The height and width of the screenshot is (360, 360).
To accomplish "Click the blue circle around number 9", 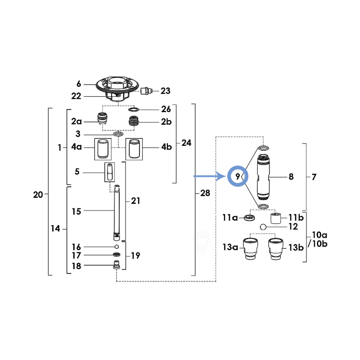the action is pos(238,167).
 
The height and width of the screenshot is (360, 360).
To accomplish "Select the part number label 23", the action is pos(165,91).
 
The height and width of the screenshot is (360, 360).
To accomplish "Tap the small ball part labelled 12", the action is pos(263,227).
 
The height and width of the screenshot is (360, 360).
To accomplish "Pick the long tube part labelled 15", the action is pos(117,212).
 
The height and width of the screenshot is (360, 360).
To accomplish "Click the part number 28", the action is pos(205,193).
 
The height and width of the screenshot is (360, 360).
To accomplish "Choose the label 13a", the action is pos(230,247).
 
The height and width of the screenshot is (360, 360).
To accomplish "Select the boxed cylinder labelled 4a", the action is pos(103,149).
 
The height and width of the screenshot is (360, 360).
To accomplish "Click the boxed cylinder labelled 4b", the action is pos(134,149).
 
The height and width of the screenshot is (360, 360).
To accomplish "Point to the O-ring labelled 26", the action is pos(133,109).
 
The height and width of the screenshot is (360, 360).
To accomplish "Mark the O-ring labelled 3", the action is pos(118,134).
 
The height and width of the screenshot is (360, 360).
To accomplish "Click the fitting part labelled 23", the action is pos(147,90).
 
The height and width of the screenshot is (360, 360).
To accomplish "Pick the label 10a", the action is pos(319,235).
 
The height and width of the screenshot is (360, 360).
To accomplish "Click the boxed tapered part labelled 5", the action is pos(109,172).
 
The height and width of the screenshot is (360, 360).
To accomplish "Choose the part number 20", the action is pos(38,195).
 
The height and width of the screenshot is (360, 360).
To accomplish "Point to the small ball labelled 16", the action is pos(117,247).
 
